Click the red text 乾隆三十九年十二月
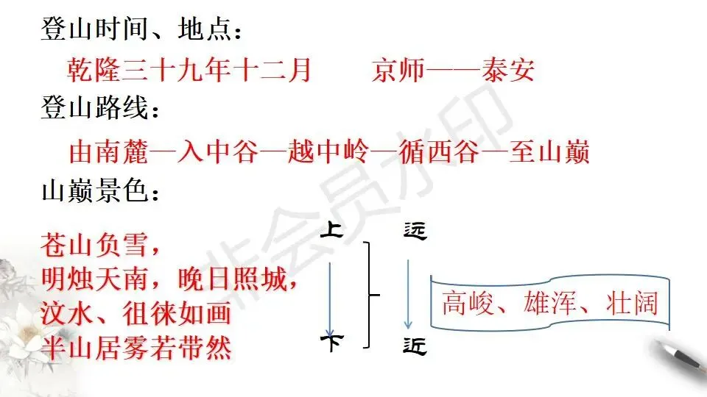tap(189, 71)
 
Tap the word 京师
tap(398, 71)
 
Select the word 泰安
tap(507, 71)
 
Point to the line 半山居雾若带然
tap(136, 347)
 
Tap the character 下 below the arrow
tap(331, 343)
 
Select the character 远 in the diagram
tap(415, 232)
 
